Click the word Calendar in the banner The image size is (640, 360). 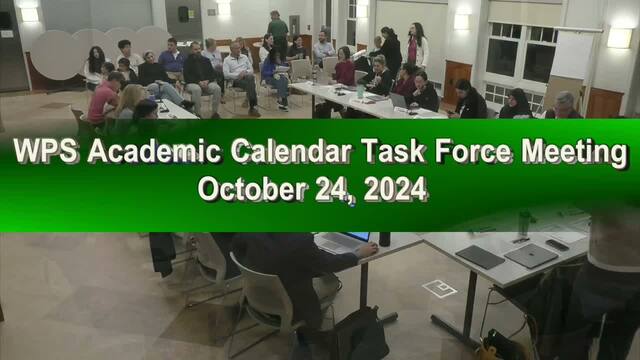tap(291, 151)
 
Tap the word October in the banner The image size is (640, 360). tap(252, 189)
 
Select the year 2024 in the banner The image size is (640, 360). tap(395, 189)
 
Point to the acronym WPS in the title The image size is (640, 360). tap(45, 151)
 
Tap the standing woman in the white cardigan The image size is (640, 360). tap(417, 45)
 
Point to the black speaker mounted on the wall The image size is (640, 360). tap(183, 14)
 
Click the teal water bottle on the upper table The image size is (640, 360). tap(360, 91)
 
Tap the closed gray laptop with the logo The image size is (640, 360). tap(531, 256)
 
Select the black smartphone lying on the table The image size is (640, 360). tap(557, 245)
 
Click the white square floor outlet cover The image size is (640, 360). tap(440, 289)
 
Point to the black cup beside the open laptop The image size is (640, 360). tap(384, 239)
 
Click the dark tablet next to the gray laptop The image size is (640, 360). tap(480, 257)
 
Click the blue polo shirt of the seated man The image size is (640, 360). tap(172, 61)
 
